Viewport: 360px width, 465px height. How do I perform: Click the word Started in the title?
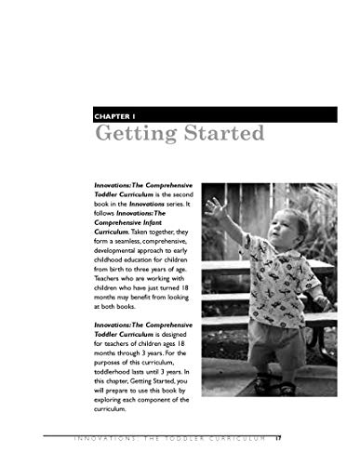(x=218, y=135)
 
